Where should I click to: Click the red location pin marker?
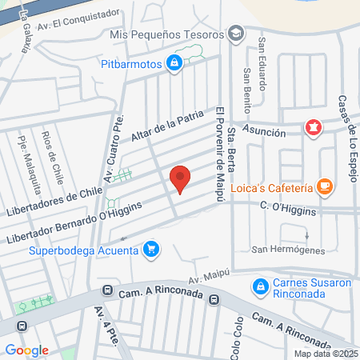coord(181,179)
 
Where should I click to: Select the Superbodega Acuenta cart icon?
coord(151,250)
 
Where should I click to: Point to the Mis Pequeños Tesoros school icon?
coord(236,34)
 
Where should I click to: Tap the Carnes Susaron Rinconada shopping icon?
coord(260,286)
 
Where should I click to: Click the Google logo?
coord(27,350)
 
